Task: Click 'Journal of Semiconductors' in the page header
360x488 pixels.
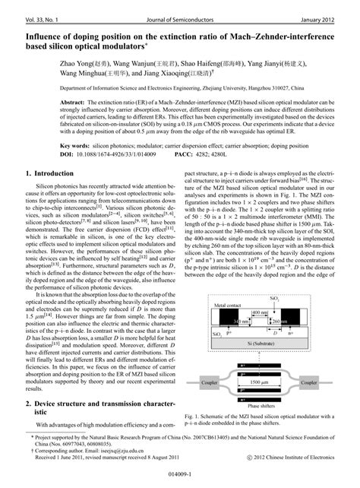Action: (x=180, y=8)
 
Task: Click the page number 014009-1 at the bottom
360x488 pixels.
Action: (x=180, y=474)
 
